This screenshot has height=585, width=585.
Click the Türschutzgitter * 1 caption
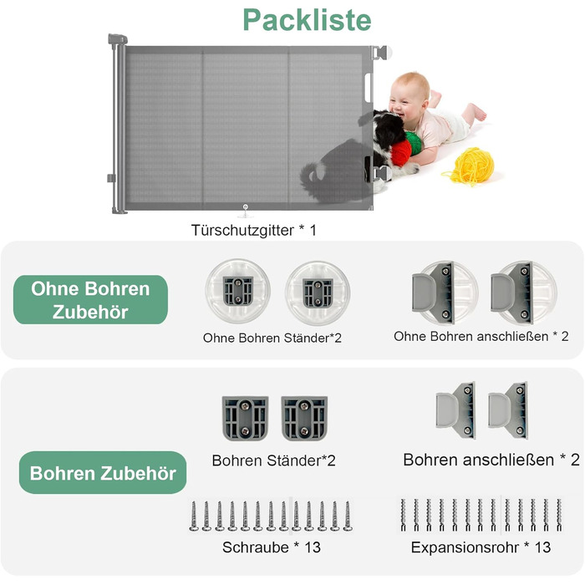(x=254, y=229)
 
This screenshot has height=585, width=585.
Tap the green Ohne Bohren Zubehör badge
(x=90, y=300)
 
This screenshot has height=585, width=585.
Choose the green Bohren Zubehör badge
(x=103, y=473)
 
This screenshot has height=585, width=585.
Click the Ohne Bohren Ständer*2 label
(x=272, y=338)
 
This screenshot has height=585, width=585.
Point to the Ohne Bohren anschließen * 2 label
(x=481, y=336)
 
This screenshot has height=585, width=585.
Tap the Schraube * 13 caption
(x=272, y=547)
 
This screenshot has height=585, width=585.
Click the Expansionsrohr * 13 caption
(x=481, y=547)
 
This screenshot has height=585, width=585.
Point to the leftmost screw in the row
(x=194, y=516)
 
